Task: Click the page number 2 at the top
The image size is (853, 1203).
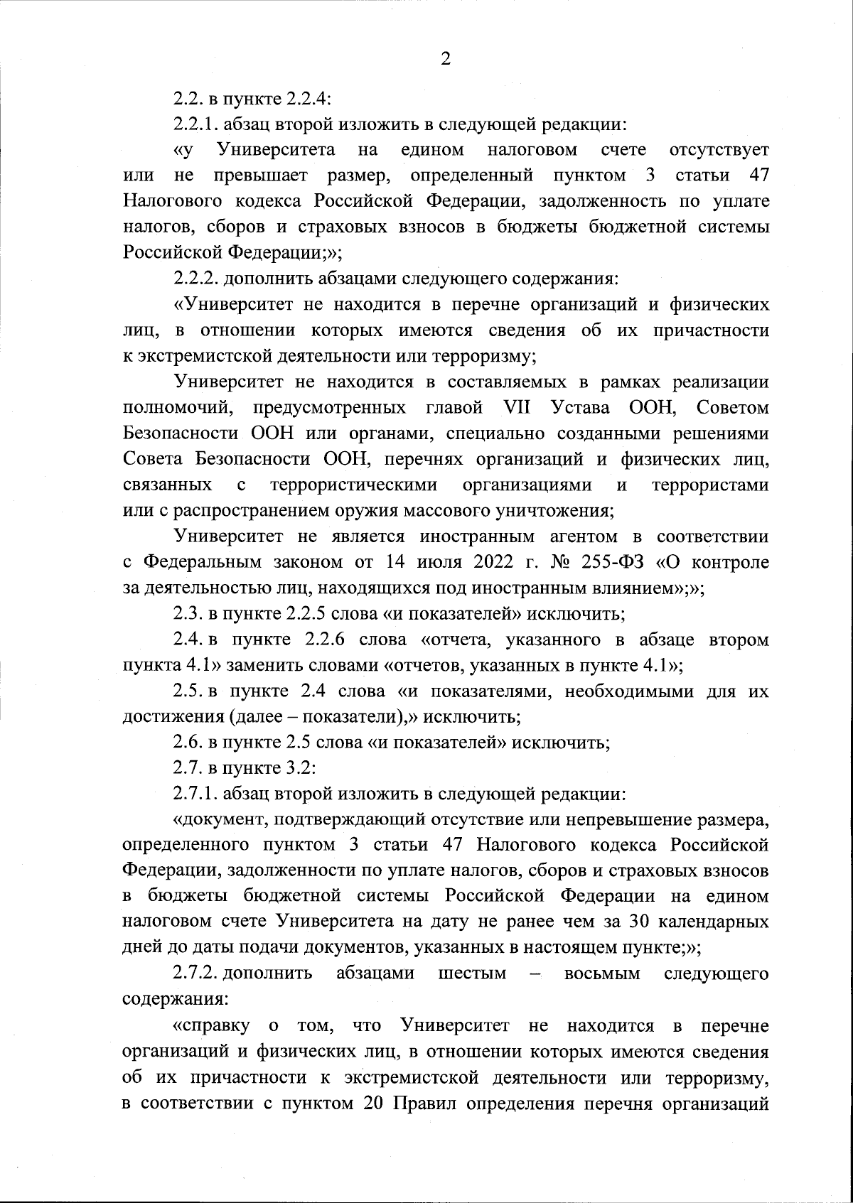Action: [446, 60]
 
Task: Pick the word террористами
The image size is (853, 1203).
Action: [710, 485]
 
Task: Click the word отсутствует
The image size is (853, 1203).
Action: [719, 150]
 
